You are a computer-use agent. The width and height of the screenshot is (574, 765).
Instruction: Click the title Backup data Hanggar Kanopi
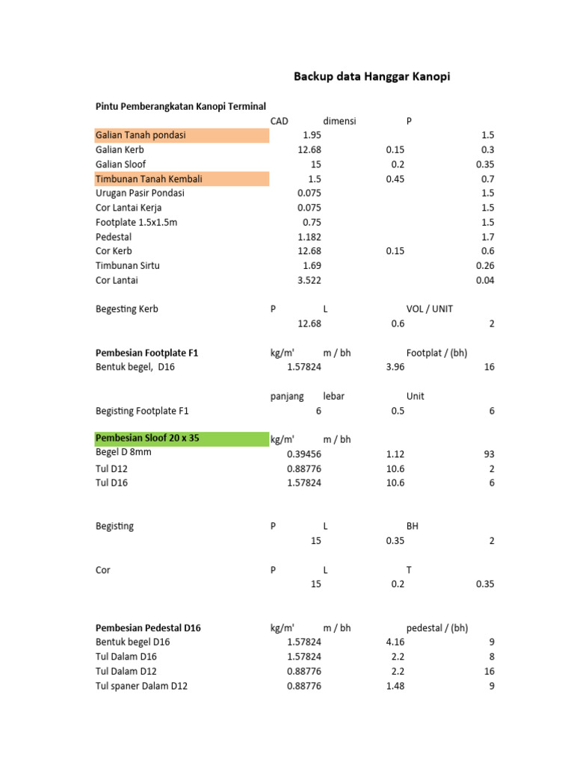pyautogui.click(x=371, y=76)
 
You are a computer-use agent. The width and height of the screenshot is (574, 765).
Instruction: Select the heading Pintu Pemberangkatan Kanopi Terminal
pyautogui.click(x=181, y=107)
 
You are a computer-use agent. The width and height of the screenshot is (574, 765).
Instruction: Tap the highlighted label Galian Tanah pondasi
pyautogui.click(x=141, y=135)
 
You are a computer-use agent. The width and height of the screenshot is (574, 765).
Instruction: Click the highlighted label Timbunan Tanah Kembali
pyautogui.click(x=149, y=179)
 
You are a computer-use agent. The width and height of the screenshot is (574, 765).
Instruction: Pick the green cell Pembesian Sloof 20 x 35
pyautogui.click(x=148, y=439)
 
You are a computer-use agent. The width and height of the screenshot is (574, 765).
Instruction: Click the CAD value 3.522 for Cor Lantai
pyautogui.click(x=309, y=280)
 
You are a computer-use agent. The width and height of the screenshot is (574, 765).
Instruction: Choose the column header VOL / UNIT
pyautogui.click(x=429, y=309)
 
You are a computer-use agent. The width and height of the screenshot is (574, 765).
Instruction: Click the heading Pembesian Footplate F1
pyautogui.click(x=147, y=353)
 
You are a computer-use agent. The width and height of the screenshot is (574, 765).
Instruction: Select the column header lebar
pyautogui.click(x=333, y=396)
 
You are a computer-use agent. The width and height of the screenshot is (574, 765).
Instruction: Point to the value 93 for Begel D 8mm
pyautogui.click(x=488, y=454)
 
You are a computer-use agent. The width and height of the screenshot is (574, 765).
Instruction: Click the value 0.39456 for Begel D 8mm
pyautogui.click(x=304, y=454)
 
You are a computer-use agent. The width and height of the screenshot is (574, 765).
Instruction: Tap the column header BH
pyautogui.click(x=413, y=526)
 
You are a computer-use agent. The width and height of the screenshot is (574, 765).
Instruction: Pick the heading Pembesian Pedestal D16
pyautogui.click(x=148, y=628)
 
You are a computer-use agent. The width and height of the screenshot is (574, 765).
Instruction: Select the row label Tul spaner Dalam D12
pyautogui.click(x=141, y=686)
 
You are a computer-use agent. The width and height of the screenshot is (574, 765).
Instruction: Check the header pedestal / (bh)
pyautogui.click(x=437, y=628)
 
